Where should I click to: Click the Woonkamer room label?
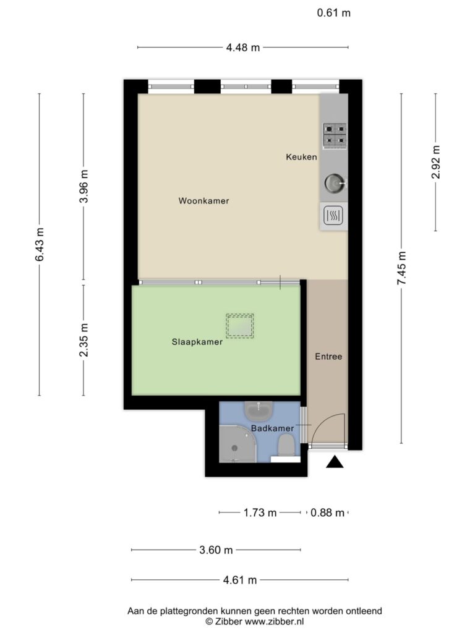[203, 201]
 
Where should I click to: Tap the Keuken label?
[301, 157]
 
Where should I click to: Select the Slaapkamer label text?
[197, 342]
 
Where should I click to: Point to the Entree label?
[328, 357]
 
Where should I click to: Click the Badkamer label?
[273, 428]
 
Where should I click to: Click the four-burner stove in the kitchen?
[335, 135]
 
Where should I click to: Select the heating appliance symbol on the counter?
[333, 215]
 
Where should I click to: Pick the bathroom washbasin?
[259, 411]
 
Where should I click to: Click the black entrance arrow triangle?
[335, 462]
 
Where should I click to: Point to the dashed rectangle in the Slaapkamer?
[240, 326]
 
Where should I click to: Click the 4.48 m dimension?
[242, 48]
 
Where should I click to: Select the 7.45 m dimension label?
[401, 268]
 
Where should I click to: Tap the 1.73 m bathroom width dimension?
[260, 512]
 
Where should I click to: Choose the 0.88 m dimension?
[328, 512]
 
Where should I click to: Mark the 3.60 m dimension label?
[216, 550]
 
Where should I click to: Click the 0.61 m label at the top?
[333, 13]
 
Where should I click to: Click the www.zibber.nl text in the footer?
[274, 622]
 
